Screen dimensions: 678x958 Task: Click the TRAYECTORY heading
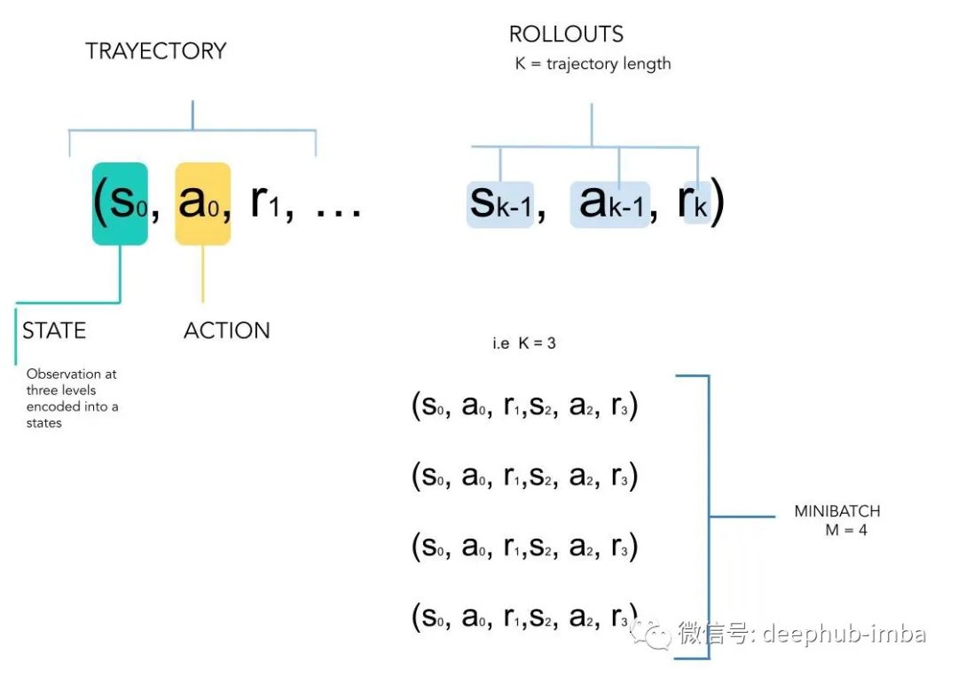tap(156, 51)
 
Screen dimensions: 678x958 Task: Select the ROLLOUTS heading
tap(566, 35)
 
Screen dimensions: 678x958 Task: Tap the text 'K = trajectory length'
tap(593, 64)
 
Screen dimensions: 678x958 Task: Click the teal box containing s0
tap(120, 203)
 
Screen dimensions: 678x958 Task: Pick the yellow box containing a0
tap(203, 203)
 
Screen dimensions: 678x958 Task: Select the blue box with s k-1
tap(500, 204)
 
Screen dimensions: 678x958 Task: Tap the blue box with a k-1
tap(609, 204)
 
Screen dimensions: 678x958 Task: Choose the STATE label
tap(54, 331)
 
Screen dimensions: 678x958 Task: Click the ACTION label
tap(226, 331)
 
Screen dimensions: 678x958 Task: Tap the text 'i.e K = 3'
tap(524, 343)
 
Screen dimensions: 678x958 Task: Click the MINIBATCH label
tap(837, 512)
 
